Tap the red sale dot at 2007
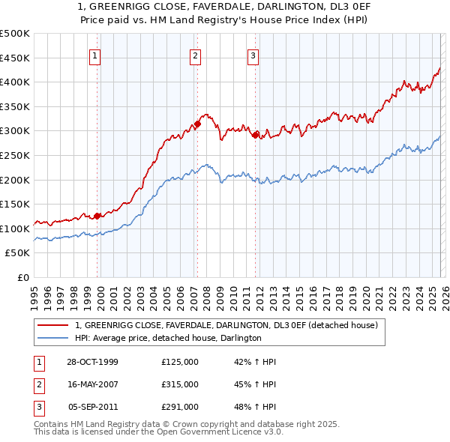pos(197,124)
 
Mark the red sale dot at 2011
pos(256,136)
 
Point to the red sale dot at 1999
pos(97,217)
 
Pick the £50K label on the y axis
pos(18,253)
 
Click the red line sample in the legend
pos(53,325)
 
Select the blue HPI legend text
pos(167,338)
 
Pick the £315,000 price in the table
pos(180,384)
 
